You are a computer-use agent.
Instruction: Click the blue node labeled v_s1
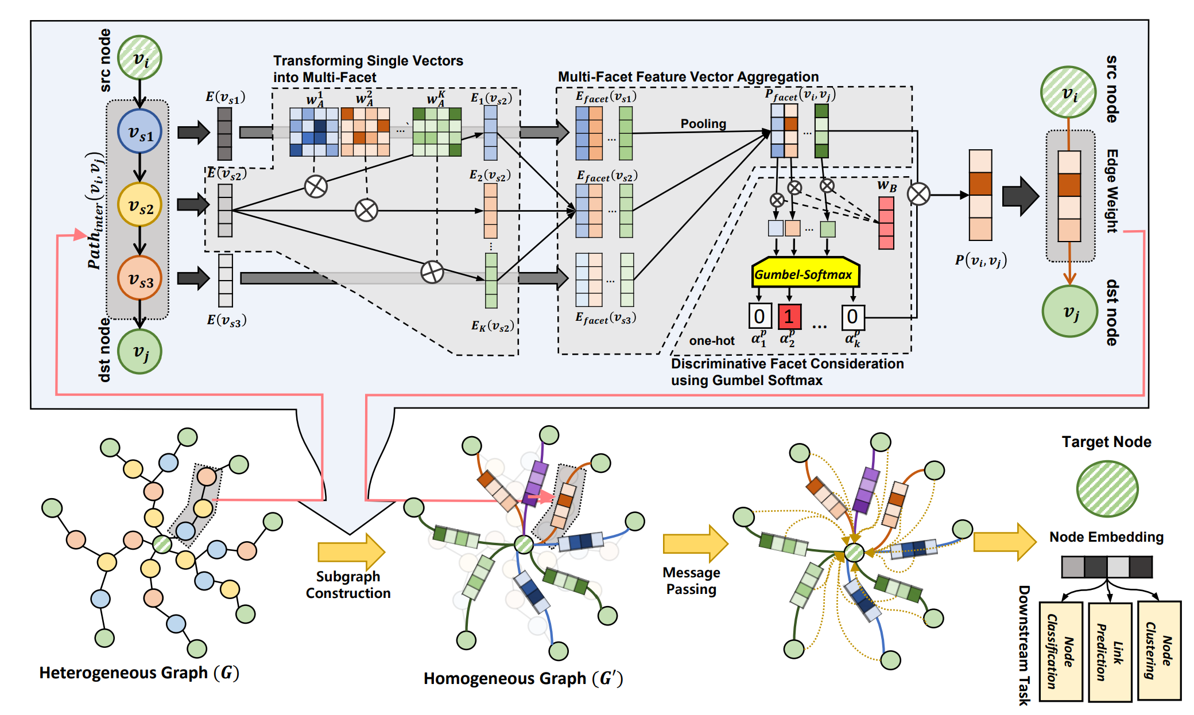pos(139,132)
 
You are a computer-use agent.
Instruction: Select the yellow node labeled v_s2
pos(139,205)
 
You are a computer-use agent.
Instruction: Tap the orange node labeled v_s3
pos(139,278)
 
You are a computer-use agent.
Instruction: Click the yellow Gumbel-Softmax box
pos(805,273)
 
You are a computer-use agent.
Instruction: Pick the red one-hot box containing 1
pos(789,316)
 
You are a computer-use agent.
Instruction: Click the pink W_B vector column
pos(886,223)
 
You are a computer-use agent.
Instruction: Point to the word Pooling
pos(703,124)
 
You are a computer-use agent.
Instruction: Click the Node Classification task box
pos(1061,651)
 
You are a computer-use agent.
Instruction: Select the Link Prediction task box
pos(1110,652)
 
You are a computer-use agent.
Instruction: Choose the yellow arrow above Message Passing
pos(695,543)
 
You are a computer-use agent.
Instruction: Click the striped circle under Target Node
pos(1107,489)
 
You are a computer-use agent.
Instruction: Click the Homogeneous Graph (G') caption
pos(523,678)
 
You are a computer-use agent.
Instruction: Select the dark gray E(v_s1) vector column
pos(224,134)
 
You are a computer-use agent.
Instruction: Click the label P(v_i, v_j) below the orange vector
pos(980,261)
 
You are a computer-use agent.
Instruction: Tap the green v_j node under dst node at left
pos(139,351)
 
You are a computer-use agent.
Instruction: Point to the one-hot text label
pos(712,341)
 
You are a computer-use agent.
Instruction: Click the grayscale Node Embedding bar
pos(1106,567)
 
